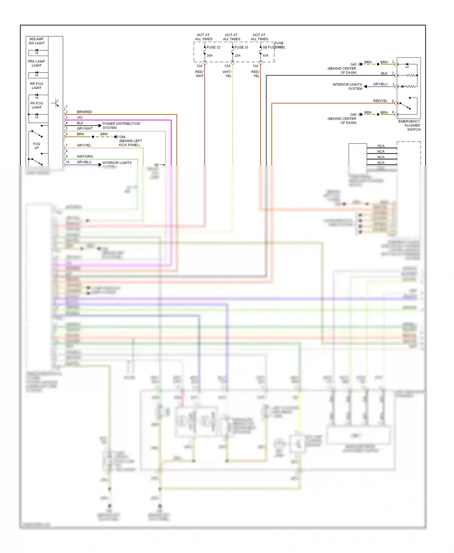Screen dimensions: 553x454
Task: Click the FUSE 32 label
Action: coord(213,47)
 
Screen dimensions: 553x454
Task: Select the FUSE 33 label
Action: coord(241,47)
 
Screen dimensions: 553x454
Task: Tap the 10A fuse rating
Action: coord(265,56)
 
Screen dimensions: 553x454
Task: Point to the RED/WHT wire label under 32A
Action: coord(199,74)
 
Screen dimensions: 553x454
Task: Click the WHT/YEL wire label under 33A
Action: coord(227,74)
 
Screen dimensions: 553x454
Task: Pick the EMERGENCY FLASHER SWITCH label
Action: coord(410,126)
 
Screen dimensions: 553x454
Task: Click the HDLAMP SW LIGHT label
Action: coord(37,41)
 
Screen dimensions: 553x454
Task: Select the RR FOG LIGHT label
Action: coord(37,86)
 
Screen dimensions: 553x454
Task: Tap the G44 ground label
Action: coord(122,137)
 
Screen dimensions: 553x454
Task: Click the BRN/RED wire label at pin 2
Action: coord(84,112)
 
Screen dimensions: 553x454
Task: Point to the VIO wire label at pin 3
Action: coord(80,117)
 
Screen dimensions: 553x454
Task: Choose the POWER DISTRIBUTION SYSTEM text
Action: coord(121,126)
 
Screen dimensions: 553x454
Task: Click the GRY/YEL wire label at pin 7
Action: coord(84,145)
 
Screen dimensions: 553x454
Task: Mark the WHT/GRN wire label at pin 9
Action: coord(85,156)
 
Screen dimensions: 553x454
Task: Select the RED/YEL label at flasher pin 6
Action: coord(380,101)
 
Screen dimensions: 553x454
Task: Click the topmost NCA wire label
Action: coord(381,146)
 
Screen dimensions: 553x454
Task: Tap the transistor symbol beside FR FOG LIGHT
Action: coord(56,103)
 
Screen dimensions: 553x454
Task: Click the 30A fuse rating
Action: coord(209,56)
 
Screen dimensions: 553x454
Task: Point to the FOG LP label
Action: coord(36,146)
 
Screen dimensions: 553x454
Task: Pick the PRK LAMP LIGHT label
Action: coord(36,64)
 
